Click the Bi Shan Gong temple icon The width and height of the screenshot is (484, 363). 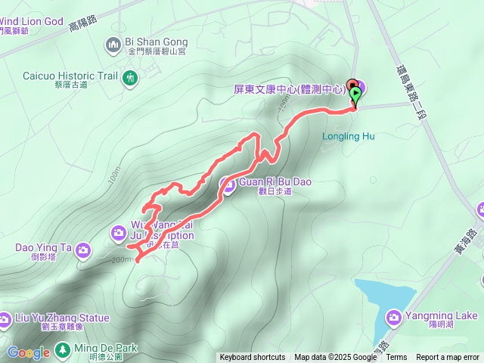pyautogui.click(x=114, y=45)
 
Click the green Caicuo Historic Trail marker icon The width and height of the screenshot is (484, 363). pyautogui.click(x=130, y=76)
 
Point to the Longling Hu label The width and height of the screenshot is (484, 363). pyautogui.click(x=349, y=137)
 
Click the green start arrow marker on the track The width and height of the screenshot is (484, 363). pyautogui.click(x=355, y=93)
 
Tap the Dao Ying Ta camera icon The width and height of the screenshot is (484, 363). pyautogui.click(x=84, y=248)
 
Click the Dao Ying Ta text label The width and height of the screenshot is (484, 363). pyautogui.click(x=42, y=247)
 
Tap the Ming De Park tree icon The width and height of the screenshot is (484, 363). pyautogui.click(x=61, y=349)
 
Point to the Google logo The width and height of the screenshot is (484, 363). pyautogui.click(x=28, y=353)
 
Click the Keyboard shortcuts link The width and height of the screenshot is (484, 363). pyautogui.click(x=253, y=358)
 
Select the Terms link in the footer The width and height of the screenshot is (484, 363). pyautogui.click(x=396, y=358)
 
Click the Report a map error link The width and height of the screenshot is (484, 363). pyautogui.click(x=448, y=358)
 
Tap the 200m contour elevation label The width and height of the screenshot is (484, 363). pyautogui.click(x=120, y=259)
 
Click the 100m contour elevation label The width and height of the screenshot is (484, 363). pyautogui.click(x=114, y=175)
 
